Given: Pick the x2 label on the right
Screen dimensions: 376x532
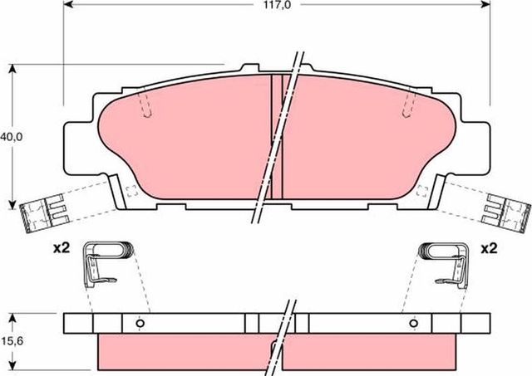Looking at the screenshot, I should point(488,248).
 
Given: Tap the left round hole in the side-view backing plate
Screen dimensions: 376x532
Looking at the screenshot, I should point(140,323).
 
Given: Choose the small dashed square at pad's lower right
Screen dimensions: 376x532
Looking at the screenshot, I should point(421,190).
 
